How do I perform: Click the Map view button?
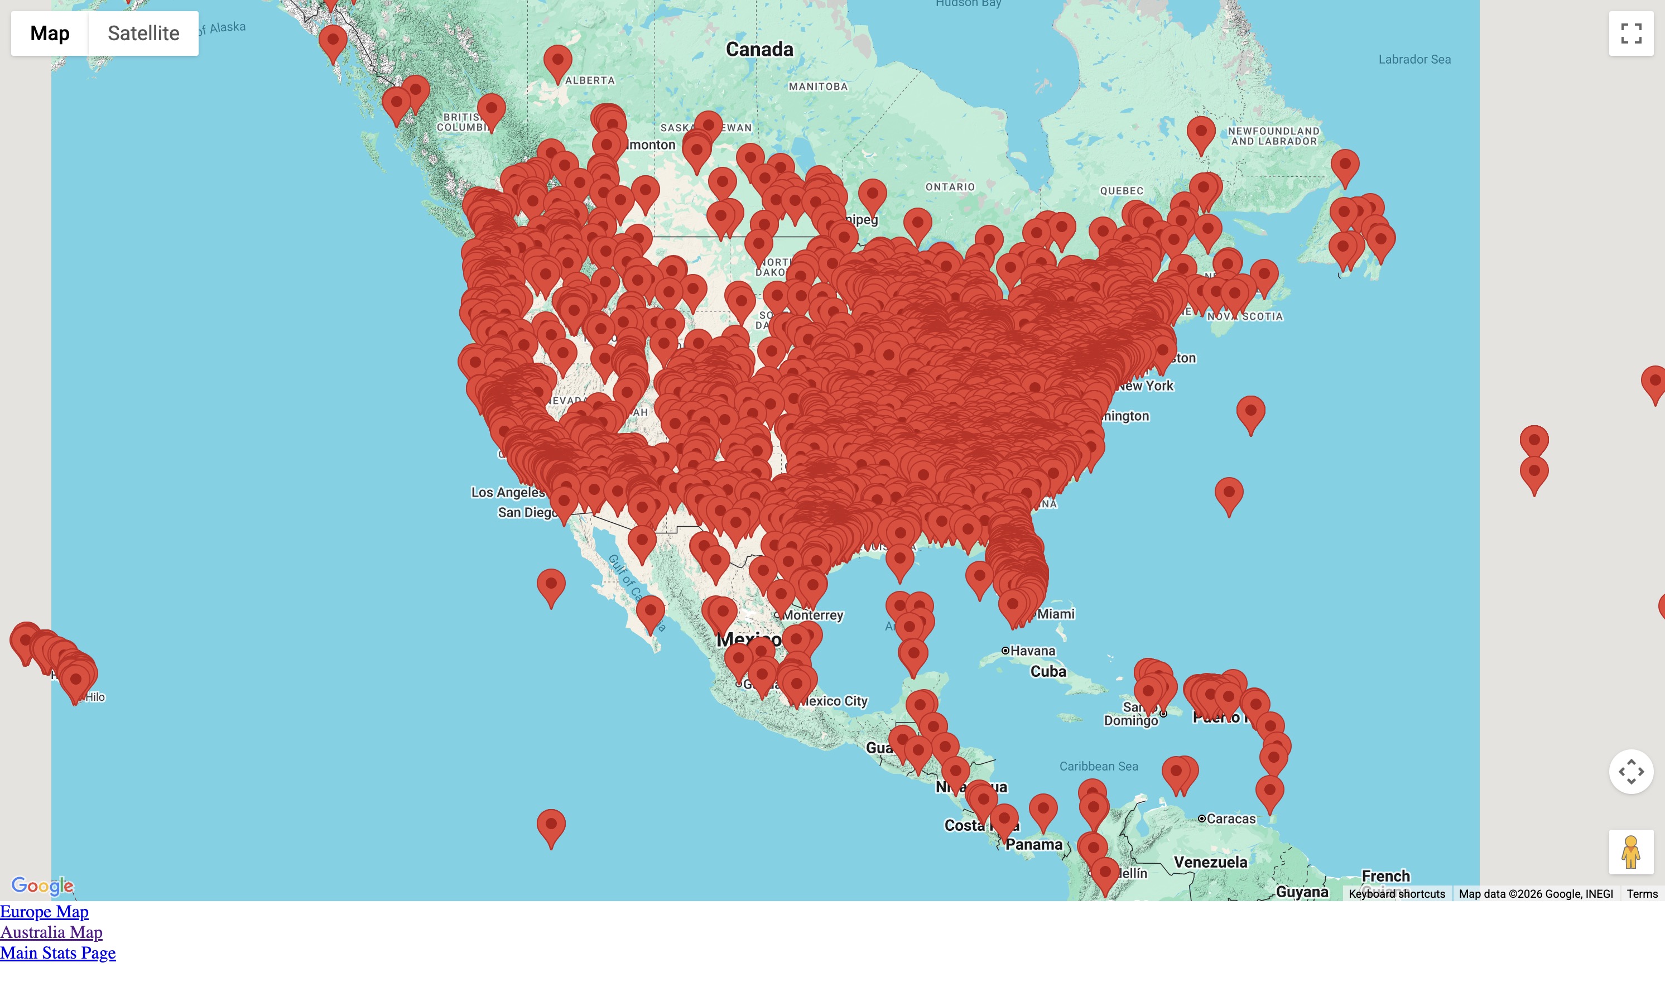[50, 33]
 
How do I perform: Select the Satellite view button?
[143, 33]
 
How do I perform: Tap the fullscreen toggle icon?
[1630, 33]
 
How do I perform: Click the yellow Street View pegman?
[1630, 851]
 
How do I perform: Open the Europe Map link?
[45, 911]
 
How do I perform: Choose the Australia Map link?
[51, 932]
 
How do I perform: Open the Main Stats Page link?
[58, 952]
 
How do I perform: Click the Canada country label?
[759, 49]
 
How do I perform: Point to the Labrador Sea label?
[1414, 59]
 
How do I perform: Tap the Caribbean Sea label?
[1099, 766]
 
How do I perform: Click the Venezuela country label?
[1210, 862]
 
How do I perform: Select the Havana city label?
[1032, 651]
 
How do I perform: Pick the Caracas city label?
[1231, 819]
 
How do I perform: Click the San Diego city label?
[526, 513]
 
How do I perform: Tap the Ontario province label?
[950, 187]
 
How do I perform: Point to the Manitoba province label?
[818, 86]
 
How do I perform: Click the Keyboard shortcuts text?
[1397, 894]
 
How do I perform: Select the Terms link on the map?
[1642, 894]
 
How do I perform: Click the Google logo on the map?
[42, 885]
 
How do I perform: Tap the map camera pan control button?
[1630, 772]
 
